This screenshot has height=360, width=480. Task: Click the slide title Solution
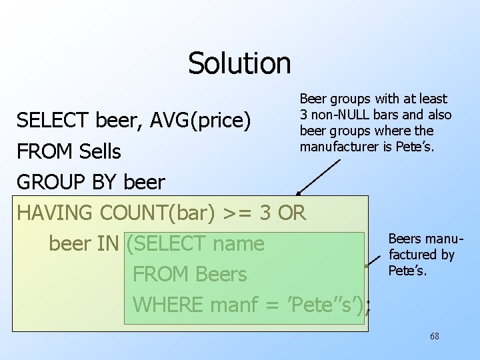tap(239, 63)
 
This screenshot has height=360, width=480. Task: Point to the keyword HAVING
tap(55, 213)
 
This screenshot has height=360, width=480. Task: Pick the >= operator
tap(238, 213)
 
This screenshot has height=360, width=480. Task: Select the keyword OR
tap(291, 213)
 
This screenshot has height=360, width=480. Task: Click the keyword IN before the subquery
tap(108, 244)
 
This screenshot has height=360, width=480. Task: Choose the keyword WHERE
tap(169, 305)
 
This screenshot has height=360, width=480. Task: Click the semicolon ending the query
tap(368, 306)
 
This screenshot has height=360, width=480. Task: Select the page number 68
tap(435, 336)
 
